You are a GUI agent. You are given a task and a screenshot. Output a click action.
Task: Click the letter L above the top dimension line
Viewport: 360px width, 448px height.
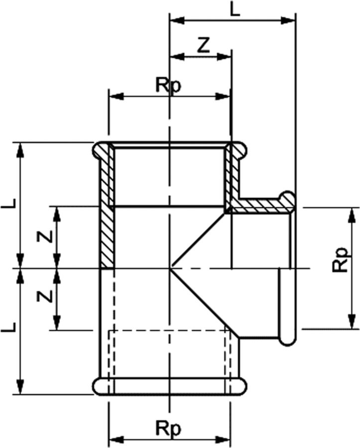pyautogui.click(x=235, y=8)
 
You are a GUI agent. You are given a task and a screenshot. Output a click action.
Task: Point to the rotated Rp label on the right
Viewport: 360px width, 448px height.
pyautogui.click(x=341, y=260)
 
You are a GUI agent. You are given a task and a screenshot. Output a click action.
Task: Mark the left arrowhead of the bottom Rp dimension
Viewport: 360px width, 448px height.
pyautogui.click(x=115, y=440)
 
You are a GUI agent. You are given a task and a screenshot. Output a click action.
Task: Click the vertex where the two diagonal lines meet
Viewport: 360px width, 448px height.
pyautogui.click(x=171, y=269)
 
